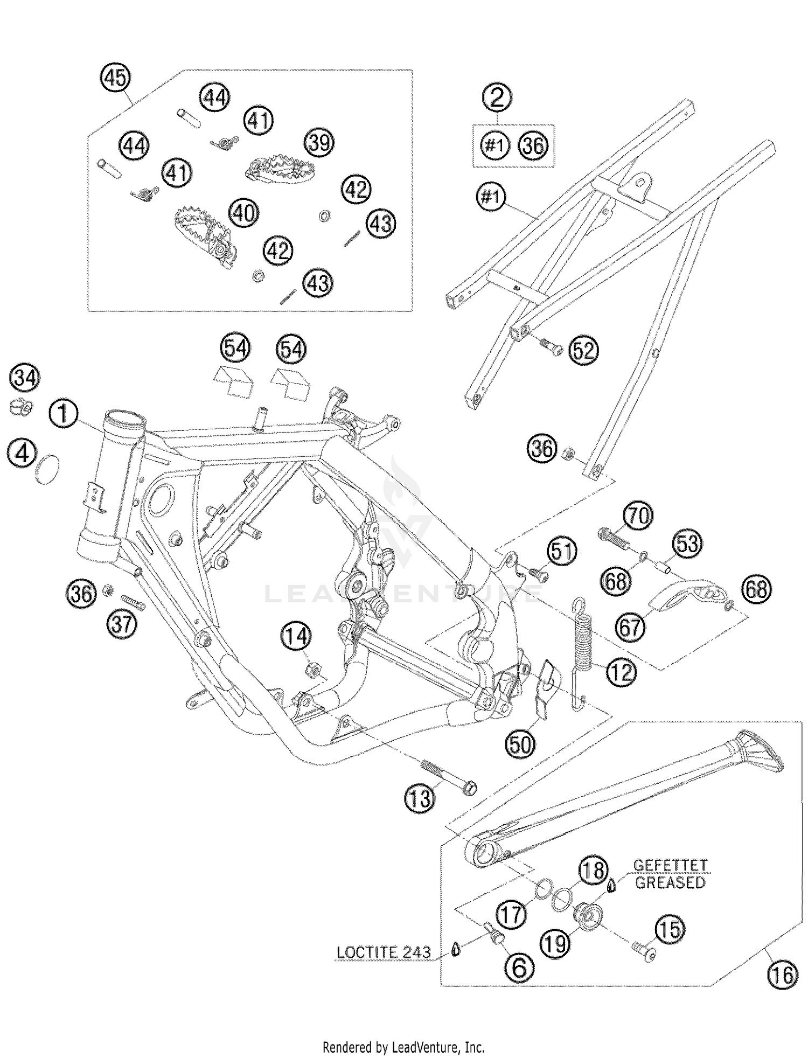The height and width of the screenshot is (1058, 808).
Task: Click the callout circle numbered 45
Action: point(116,79)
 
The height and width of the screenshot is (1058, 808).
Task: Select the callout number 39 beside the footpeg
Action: point(319,143)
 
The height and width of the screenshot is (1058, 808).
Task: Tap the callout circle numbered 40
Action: point(243,213)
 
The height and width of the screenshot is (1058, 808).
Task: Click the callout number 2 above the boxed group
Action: point(497,98)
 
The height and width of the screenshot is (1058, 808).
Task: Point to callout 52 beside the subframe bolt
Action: point(583,351)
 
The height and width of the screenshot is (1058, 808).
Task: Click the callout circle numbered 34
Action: point(25,378)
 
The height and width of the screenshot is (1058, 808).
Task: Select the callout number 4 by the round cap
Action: point(22,453)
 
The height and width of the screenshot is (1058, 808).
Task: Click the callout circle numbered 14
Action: point(296,637)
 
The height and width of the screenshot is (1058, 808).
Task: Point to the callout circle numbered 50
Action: point(520,744)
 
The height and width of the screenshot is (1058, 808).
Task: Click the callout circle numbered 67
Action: point(631,628)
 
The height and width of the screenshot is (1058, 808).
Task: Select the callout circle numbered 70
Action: point(638,517)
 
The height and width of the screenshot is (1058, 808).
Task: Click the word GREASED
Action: point(670,883)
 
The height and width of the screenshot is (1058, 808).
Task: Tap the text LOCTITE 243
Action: point(384,952)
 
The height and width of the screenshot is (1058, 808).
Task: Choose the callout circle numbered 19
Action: point(555,943)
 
